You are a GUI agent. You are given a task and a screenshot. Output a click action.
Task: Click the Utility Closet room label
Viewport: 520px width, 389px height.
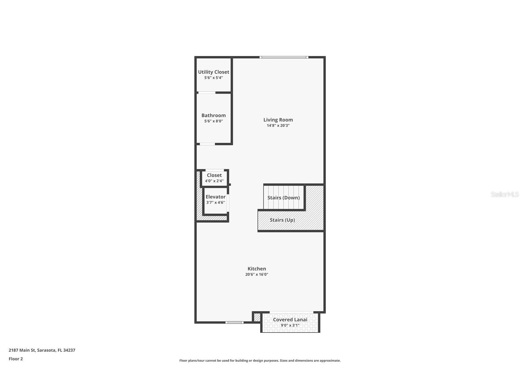pyautogui.click(x=214, y=72)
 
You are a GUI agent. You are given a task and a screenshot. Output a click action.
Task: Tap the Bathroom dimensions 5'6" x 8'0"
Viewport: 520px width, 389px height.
pyautogui.click(x=214, y=121)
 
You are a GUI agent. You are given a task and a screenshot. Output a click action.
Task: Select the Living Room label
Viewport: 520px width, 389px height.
pyautogui.click(x=278, y=120)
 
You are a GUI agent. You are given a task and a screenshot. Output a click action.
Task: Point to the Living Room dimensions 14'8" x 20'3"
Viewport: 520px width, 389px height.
pyautogui.click(x=278, y=125)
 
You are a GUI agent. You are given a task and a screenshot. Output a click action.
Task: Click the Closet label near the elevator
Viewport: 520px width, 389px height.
pyautogui.click(x=214, y=175)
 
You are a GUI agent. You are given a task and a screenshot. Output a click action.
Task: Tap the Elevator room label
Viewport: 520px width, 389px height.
pyautogui.click(x=215, y=197)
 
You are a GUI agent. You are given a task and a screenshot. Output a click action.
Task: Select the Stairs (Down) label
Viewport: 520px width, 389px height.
pyautogui.click(x=283, y=198)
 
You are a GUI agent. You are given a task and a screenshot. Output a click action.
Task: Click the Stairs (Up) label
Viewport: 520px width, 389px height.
pyautogui.click(x=282, y=220)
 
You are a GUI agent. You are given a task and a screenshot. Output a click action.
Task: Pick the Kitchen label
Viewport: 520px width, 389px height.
pyautogui.click(x=257, y=269)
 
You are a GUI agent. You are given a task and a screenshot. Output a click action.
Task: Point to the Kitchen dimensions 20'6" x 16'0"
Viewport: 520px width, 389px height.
pyautogui.click(x=257, y=274)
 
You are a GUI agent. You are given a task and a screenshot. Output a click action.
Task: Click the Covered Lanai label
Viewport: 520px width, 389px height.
pyautogui.click(x=290, y=320)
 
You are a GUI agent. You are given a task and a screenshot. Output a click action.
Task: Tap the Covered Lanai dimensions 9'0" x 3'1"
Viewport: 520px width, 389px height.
pyautogui.click(x=290, y=325)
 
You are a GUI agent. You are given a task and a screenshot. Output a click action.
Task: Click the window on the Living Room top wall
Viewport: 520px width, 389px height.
pyautogui.click(x=284, y=57)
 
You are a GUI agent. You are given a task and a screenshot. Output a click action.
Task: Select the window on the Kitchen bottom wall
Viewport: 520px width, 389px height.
pyautogui.click(x=235, y=322)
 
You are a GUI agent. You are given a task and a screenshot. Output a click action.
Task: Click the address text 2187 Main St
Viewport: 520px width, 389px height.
pyautogui.click(x=22, y=350)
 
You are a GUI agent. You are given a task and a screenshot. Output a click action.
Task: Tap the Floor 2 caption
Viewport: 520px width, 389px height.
pyautogui.click(x=16, y=359)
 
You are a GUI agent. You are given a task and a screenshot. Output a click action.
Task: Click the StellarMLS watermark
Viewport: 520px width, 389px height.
pyautogui.click(x=505, y=194)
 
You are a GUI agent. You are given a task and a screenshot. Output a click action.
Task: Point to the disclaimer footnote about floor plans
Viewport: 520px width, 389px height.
pyautogui.click(x=260, y=361)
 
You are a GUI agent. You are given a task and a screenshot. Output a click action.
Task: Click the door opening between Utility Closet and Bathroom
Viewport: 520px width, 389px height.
pyautogui.click(x=207, y=93)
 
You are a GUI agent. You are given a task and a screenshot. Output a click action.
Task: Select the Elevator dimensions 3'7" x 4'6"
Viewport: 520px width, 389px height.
pyautogui.click(x=215, y=202)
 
